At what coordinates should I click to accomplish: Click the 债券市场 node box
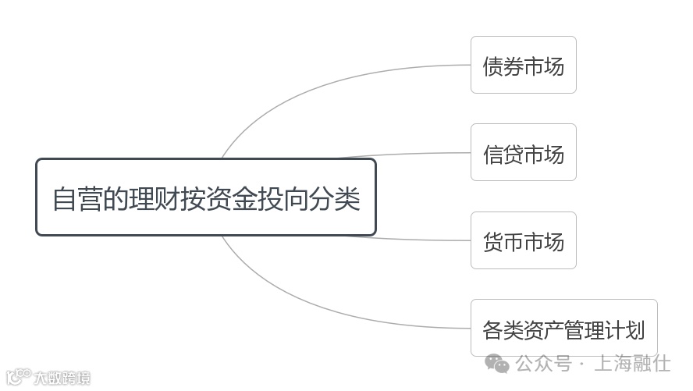(523, 66)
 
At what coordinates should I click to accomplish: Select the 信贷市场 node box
(523, 153)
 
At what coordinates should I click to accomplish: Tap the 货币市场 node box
(523, 241)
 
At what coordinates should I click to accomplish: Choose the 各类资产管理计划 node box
(563, 329)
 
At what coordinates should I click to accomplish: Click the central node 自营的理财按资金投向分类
(206, 197)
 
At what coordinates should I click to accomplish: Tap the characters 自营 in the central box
(78, 198)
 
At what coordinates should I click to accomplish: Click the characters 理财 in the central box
(155, 198)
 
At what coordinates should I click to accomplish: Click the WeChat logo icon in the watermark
(497, 364)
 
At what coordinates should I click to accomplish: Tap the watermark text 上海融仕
(633, 364)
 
